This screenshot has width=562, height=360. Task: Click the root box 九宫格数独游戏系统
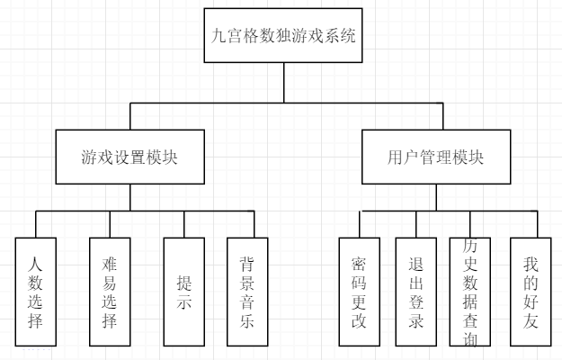pyautogui.click(x=283, y=37)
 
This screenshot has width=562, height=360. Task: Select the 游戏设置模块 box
pyautogui.click(x=128, y=157)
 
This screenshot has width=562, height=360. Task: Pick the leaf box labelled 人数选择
pyautogui.click(x=35, y=292)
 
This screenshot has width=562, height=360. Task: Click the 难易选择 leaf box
pyautogui.click(x=110, y=292)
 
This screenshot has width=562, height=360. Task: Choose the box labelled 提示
pyautogui.click(x=183, y=292)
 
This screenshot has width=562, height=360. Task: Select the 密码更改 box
pyautogui.click(x=359, y=292)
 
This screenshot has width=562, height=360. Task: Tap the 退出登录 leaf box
pyautogui.click(x=415, y=292)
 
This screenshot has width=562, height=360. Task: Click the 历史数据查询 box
pyautogui.click(x=470, y=292)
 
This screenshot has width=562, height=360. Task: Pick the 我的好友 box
pyautogui.click(x=531, y=292)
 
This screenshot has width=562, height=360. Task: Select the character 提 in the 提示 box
pyautogui.click(x=183, y=280)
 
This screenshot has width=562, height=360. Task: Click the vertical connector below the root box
pyautogui.click(x=283, y=83)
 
